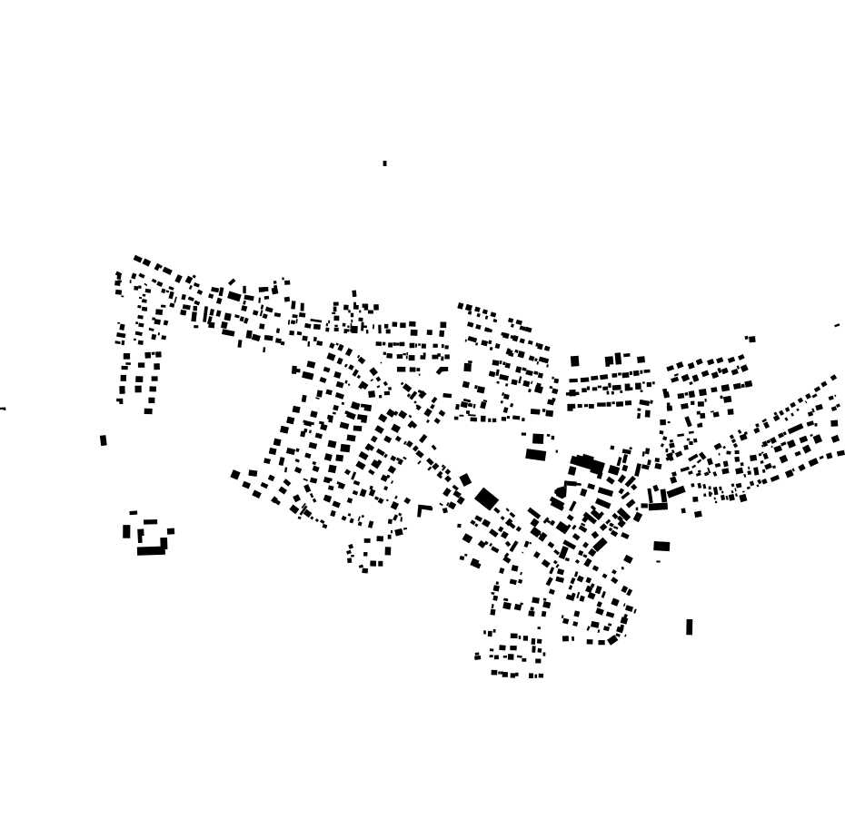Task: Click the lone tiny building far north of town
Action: tap(384, 163)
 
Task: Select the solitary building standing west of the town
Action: tap(103, 440)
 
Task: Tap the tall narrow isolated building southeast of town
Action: tap(689, 627)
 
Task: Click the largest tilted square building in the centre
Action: tap(486, 498)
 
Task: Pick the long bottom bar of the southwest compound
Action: tap(151, 550)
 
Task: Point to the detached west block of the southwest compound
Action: tap(126, 531)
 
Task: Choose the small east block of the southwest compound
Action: tap(170, 532)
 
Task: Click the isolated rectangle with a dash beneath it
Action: tap(661, 547)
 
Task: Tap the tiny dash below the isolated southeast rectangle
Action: tap(659, 561)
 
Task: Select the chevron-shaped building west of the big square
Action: tap(423, 509)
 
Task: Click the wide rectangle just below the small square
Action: tap(535, 454)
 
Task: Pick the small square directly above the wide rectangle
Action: tap(538, 439)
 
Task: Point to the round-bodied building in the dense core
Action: tap(561, 492)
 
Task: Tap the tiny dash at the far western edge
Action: tap(3, 409)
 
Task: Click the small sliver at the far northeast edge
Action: tap(837, 325)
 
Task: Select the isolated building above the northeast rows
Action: tap(751, 340)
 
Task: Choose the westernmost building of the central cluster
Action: tap(235, 474)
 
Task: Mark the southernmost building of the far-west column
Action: tap(148, 411)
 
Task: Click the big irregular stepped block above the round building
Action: tap(587, 464)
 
